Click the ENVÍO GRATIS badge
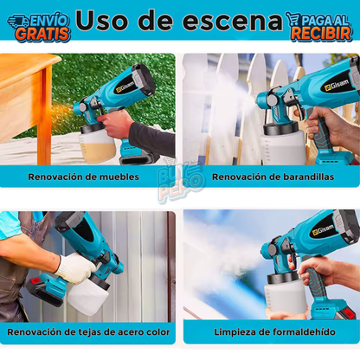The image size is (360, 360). (x=38, y=26)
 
